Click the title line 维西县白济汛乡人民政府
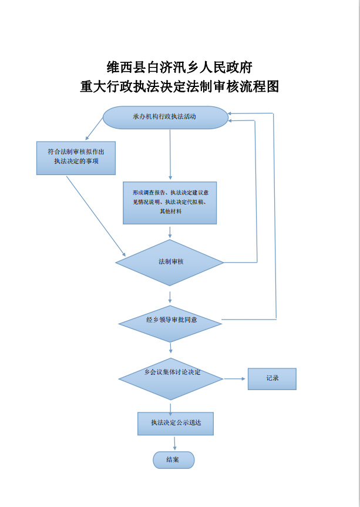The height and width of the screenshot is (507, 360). point(180,66)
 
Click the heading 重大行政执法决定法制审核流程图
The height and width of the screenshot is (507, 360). point(180,87)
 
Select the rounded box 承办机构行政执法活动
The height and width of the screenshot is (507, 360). point(166,117)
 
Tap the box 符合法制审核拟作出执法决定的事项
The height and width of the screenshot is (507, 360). point(76,157)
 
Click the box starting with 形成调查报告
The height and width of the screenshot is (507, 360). point(170,202)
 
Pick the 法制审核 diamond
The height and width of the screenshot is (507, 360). point(170,262)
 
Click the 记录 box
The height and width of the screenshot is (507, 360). point(272,379)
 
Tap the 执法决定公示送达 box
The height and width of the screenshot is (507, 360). point(175,423)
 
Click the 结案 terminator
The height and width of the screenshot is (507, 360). point(173,460)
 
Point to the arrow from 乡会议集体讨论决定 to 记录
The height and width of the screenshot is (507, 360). point(235,379)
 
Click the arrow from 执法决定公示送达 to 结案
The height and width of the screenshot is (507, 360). point(174,443)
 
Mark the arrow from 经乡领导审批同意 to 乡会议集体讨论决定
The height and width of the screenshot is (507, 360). point(170,349)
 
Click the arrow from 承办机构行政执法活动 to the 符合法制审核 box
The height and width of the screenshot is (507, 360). point(95,129)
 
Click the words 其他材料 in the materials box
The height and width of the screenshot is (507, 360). point(170,211)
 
